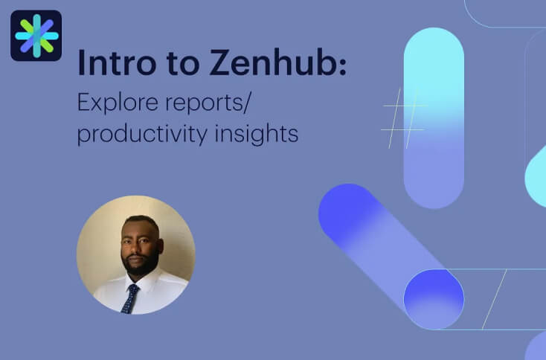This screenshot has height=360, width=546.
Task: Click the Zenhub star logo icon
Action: point(36,36)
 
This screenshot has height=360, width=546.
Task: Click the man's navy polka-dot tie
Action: point(131,298)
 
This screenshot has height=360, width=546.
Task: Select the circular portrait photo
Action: point(135,254)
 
